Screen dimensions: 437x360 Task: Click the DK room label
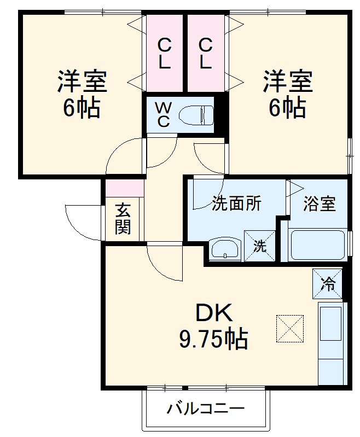pos(214,313)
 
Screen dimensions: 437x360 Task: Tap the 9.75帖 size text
pos(213,340)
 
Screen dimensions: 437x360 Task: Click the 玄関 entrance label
pos(124,219)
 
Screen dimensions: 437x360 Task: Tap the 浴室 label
pos(320,203)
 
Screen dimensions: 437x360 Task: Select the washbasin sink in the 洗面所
pos(224,249)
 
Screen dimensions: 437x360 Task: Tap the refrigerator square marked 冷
pos(328,283)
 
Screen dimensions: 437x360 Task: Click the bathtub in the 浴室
pos(317,244)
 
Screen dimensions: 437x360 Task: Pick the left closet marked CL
pos(164,53)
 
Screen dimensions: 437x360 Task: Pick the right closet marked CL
pos(206,53)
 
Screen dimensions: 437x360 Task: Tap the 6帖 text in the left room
pos(82,108)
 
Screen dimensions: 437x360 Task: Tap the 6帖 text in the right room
pos(288,108)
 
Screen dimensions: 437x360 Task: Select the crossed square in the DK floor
pos(289,328)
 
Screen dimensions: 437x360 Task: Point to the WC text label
pos(164,114)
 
